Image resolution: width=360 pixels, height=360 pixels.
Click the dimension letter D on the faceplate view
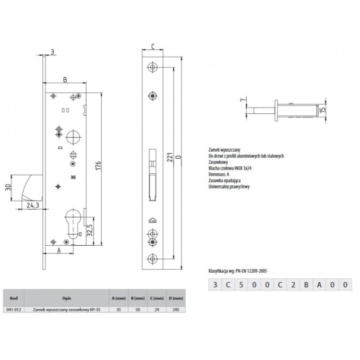179,157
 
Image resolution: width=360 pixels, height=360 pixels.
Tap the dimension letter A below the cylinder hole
59,250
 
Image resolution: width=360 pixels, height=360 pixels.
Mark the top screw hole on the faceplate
153,66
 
